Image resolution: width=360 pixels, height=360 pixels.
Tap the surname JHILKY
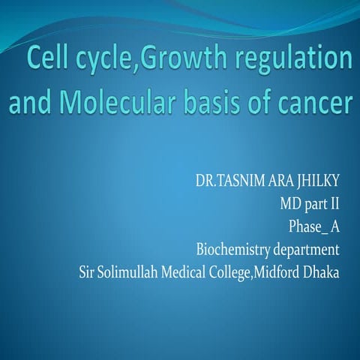tap(316, 182)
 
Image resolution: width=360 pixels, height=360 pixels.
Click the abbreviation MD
tap(290, 204)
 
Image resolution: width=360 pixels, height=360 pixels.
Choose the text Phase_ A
tap(314, 226)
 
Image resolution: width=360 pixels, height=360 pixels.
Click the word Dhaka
tap(322, 270)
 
